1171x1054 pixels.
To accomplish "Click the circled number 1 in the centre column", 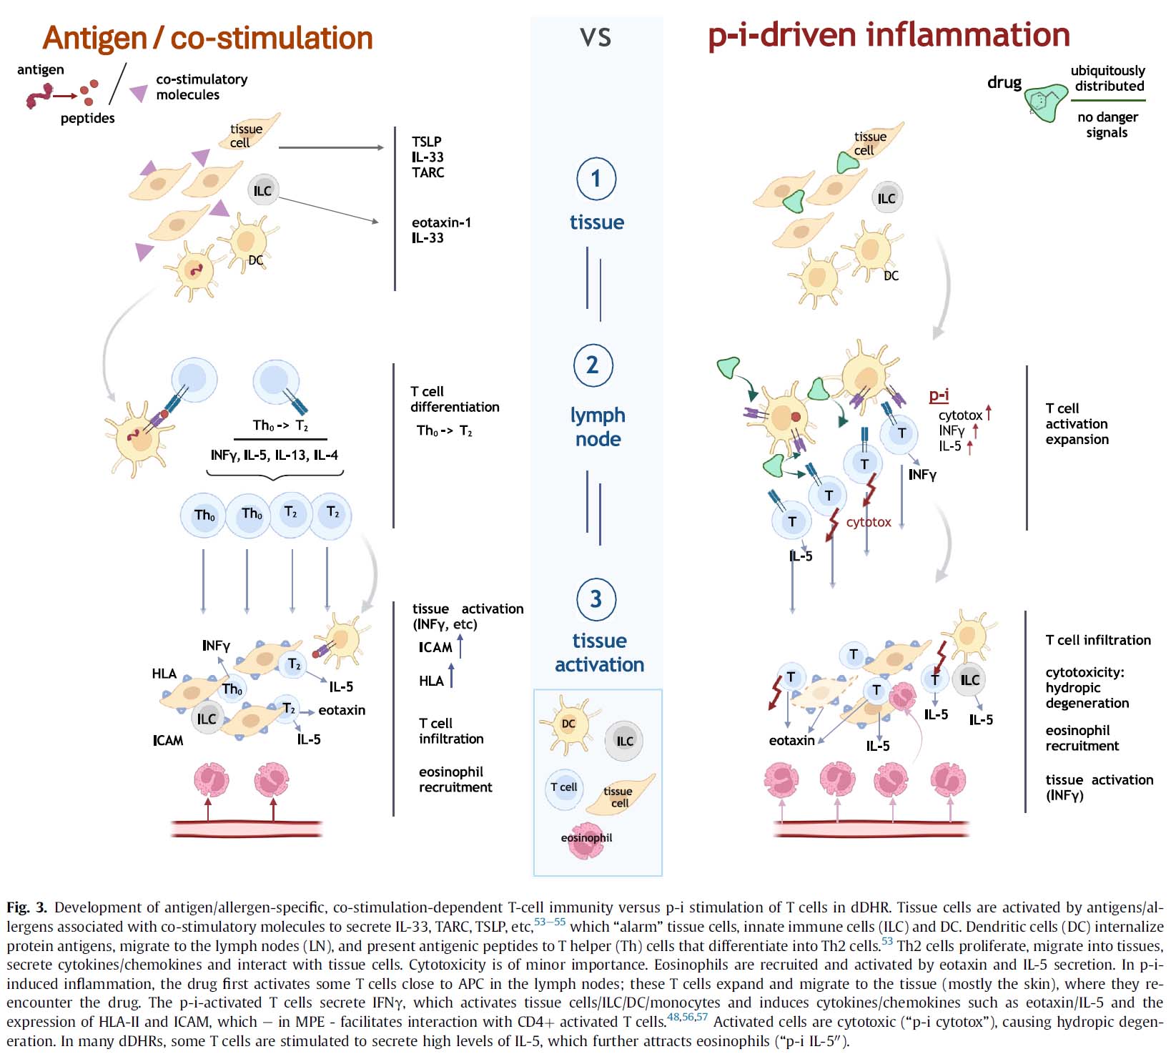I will coord(596,179).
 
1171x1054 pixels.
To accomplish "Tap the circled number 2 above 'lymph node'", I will coord(593,365).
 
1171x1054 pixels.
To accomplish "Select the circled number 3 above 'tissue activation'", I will coord(596,599).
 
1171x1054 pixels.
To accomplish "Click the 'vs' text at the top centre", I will coord(596,37).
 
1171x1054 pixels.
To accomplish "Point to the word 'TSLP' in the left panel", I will coord(427,142).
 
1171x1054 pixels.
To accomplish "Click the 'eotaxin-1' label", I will coord(441,222).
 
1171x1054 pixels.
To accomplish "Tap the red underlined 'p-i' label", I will coord(939,395).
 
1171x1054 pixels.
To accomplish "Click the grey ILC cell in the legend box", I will coord(624,741).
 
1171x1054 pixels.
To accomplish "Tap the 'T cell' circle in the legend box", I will coord(564,788).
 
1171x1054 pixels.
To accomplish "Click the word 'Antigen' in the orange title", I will coord(94,39).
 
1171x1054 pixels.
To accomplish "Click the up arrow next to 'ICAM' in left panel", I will coord(460,646).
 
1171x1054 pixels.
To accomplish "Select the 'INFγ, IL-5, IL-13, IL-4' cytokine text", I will coord(275,455).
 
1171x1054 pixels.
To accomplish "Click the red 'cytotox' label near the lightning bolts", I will coord(869,522).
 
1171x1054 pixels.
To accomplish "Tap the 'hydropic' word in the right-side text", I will coord(1072,688).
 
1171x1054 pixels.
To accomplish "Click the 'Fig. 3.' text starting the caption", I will coord(26,907).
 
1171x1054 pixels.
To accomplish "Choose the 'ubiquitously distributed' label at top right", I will coord(1108,79).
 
